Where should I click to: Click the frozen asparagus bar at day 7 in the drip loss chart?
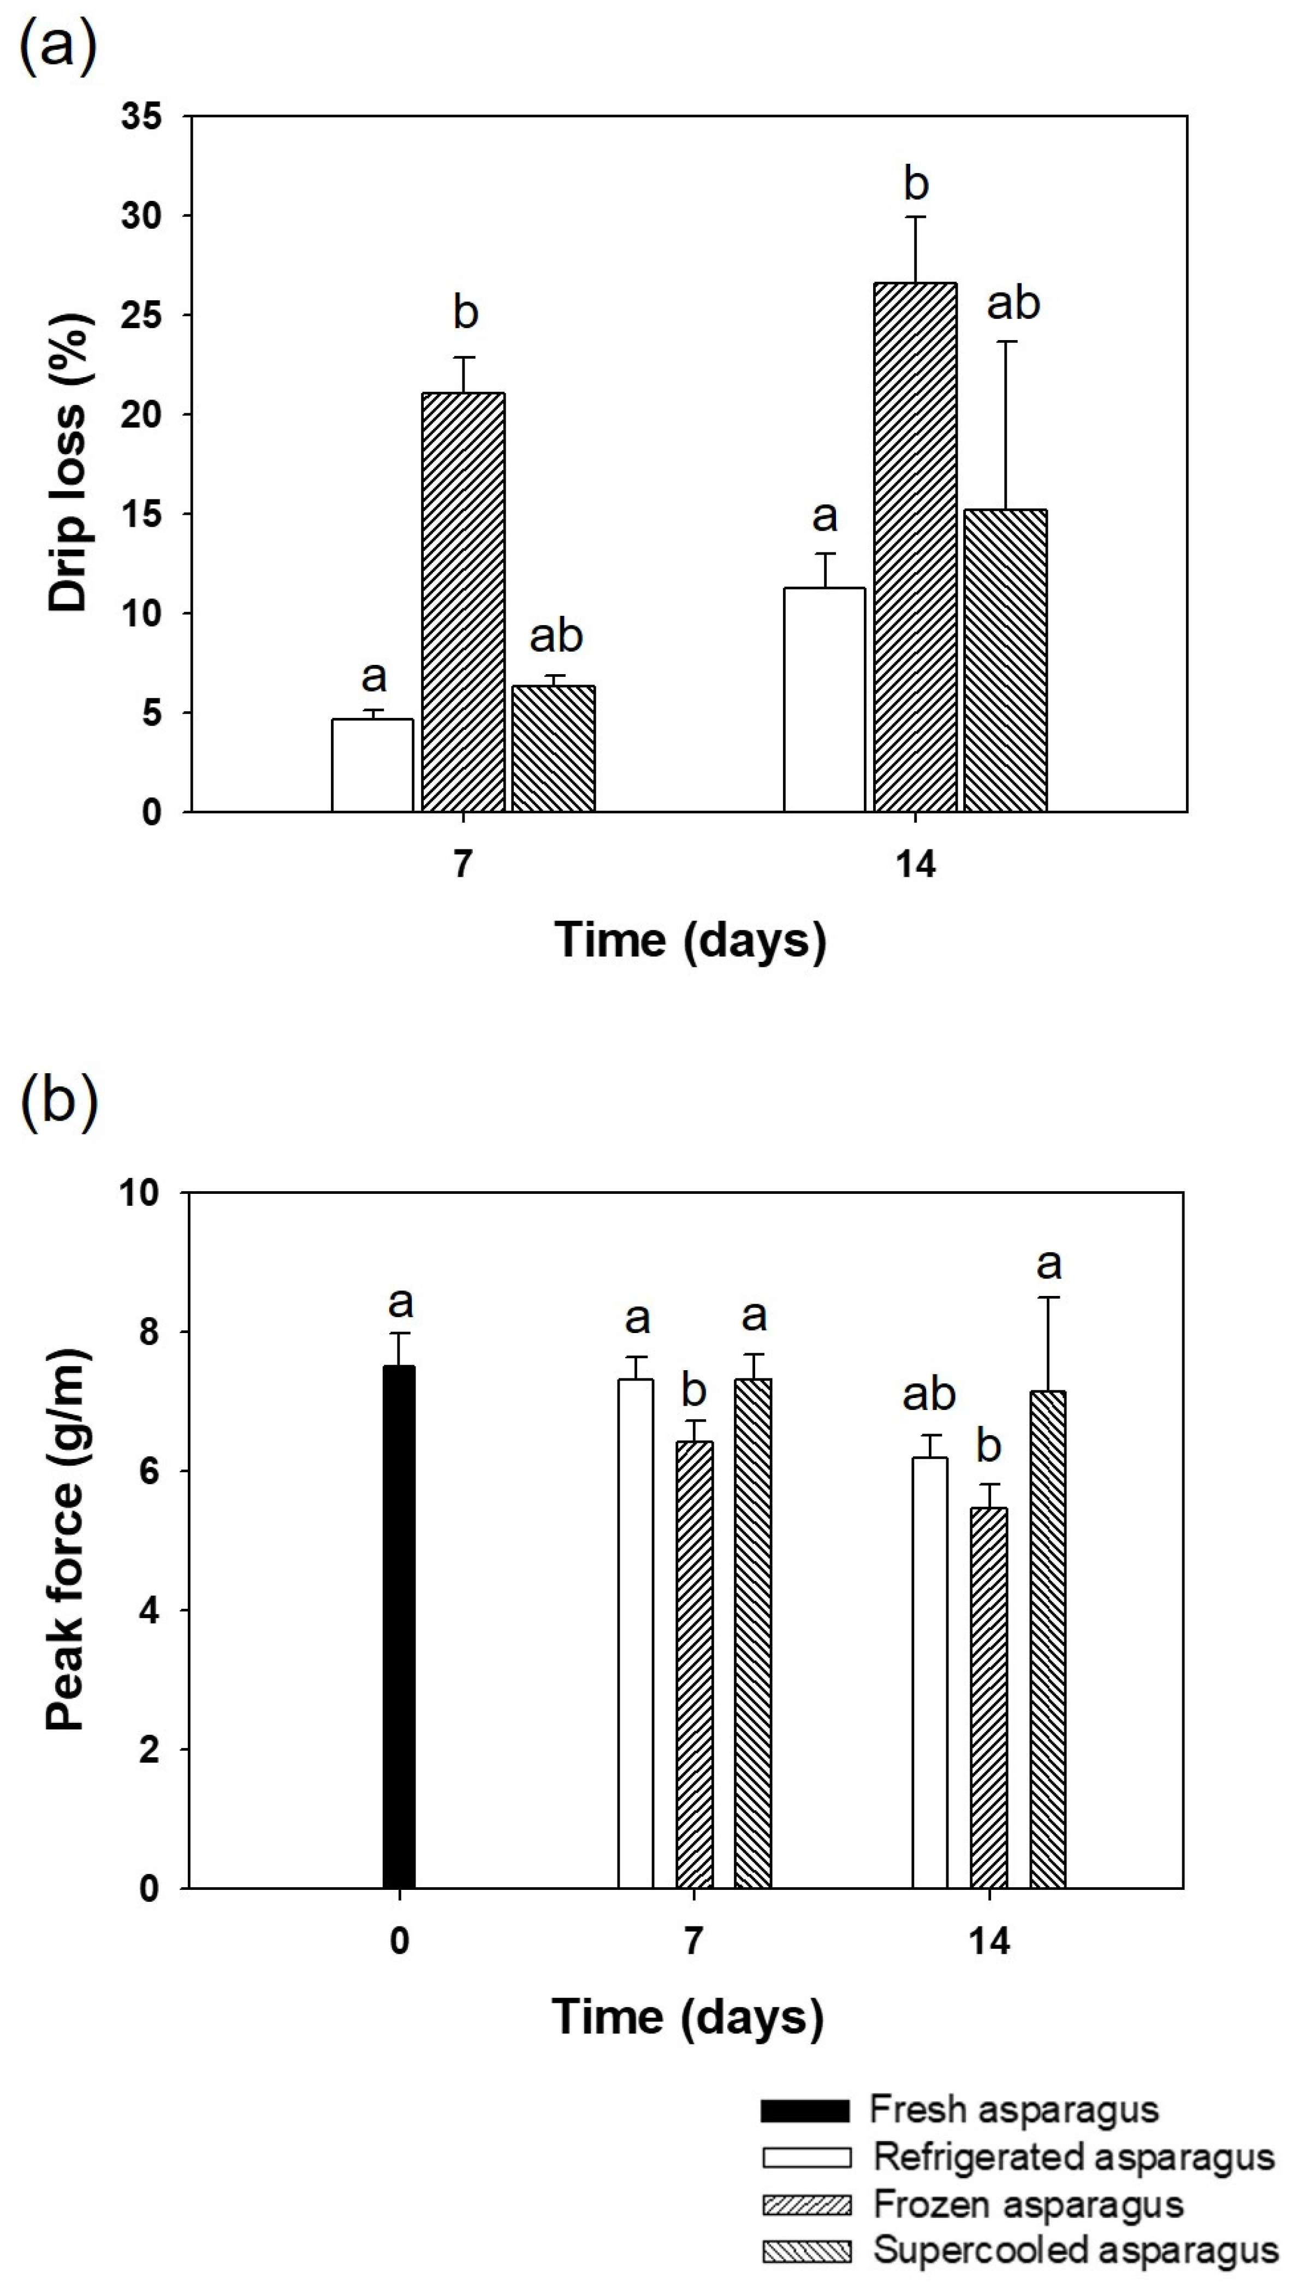coord(463,602)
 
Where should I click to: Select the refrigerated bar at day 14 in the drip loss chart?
coord(825,700)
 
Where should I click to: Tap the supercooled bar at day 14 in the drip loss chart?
coord(1005,661)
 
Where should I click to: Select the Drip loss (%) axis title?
coord(69,464)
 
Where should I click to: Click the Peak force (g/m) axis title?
coord(67,1539)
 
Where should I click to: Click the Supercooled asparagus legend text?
coord(1075,2249)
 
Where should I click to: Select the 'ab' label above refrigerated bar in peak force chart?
coord(929,1394)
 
